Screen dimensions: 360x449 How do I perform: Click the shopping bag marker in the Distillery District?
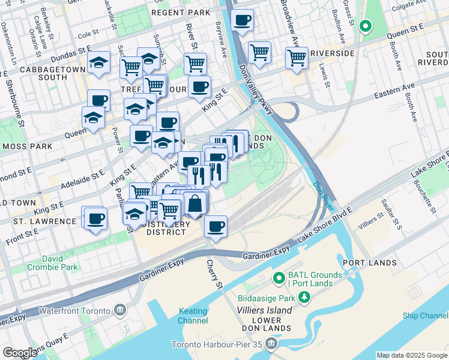pos(195,204)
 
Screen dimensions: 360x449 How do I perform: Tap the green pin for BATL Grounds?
pos(279,278)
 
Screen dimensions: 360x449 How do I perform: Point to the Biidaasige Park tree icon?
pos(304,297)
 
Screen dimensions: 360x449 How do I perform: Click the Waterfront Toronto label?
pos(74,311)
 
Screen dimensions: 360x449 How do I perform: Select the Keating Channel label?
pos(193,316)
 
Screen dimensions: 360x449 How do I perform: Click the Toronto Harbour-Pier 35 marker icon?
pos(271,344)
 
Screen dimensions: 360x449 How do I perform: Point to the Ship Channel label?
pos(426,316)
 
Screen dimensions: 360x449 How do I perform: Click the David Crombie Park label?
pos(60,263)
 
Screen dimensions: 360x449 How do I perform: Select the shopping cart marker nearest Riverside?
pos(297,58)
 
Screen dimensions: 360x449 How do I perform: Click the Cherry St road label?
pos(214,272)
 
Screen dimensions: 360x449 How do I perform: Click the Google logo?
pos(20,353)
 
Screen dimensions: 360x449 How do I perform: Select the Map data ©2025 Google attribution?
pos(412,355)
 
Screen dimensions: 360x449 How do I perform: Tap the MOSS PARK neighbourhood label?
pos(25,146)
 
